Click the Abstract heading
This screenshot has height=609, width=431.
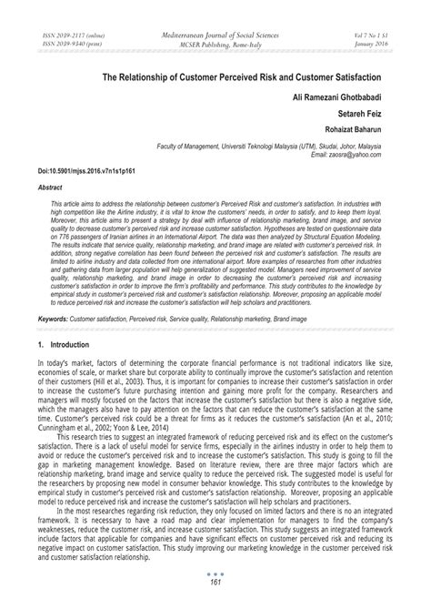click(x=50, y=185)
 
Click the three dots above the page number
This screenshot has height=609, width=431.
click(x=215, y=584)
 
